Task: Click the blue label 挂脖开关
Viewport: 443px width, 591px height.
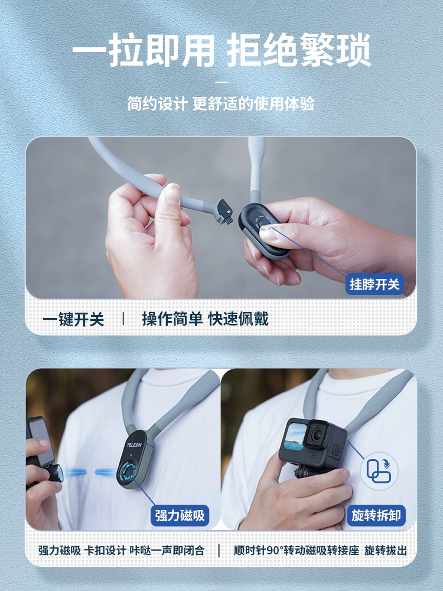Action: pyautogui.click(x=374, y=284)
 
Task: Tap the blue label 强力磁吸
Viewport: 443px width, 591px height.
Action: pyautogui.click(x=180, y=515)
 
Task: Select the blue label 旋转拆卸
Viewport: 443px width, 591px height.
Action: pyautogui.click(x=376, y=515)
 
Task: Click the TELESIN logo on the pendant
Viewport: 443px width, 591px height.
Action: pyautogui.click(x=134, y=445)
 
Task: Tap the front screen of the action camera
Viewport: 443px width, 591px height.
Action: pyautogui.click(x=295, y=436)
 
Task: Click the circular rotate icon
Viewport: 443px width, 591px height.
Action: pyautogui.click(x=379, y=471)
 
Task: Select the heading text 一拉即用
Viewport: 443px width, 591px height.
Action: pyautogui.click(x=143, y=50)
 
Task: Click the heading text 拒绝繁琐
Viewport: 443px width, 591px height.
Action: pyautogui.click(x=299, y=50)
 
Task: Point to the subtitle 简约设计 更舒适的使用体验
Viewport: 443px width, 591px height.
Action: pyautogui.click(x=221, y=103)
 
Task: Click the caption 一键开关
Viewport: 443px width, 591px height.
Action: pyautogui.click(x=73, y=319)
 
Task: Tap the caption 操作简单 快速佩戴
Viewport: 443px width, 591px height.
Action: pyautogui.click(x=206, y=319)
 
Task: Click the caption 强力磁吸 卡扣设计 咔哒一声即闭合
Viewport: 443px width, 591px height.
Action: pyautogui.click(x=121, y=550)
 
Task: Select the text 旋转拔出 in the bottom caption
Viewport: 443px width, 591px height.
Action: pyautogui.click(x=385, y=550)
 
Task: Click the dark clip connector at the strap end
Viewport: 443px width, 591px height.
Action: pyautogui.click(x=224, y=212)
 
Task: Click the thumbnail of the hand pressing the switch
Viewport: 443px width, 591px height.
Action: pyautogui.click(x=221, y=218)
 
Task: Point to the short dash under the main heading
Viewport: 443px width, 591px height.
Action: pyautogui.click(x=221, y=82)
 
